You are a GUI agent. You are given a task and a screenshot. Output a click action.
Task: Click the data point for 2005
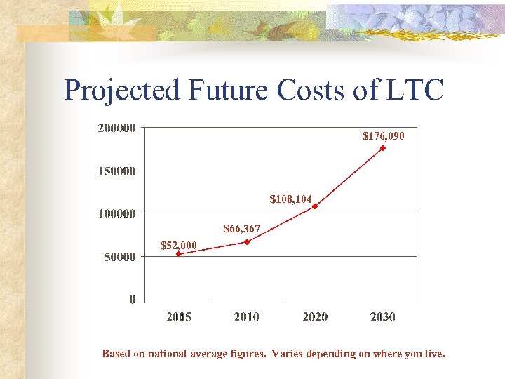[x=179, y=254]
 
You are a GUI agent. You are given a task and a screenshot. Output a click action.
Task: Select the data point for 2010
[x=247, y=242]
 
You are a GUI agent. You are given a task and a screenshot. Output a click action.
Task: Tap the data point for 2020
[x=315, y=206]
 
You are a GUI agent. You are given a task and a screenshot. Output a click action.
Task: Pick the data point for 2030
[x=383, y=148]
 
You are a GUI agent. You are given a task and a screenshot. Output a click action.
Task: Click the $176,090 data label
[x=383, y=135]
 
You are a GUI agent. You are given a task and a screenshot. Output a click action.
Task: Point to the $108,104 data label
[x=290, y=199]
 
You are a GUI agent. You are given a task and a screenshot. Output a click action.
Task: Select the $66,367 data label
[x=241, y=229]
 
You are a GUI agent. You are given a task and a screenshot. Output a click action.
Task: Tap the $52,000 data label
[x=179, y=245]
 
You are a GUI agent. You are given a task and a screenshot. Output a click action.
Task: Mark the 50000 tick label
[x=119, y=257]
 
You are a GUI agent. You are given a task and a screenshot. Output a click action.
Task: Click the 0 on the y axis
[x=133, y=300]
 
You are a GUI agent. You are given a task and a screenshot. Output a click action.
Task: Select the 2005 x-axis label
[x=179, y=317]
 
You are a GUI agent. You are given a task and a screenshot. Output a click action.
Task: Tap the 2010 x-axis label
[x=247, y=317]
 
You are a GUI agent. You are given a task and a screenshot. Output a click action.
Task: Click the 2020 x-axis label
[x=315, y=317]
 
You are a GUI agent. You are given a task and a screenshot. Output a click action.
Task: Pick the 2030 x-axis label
[x=383, y=317]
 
